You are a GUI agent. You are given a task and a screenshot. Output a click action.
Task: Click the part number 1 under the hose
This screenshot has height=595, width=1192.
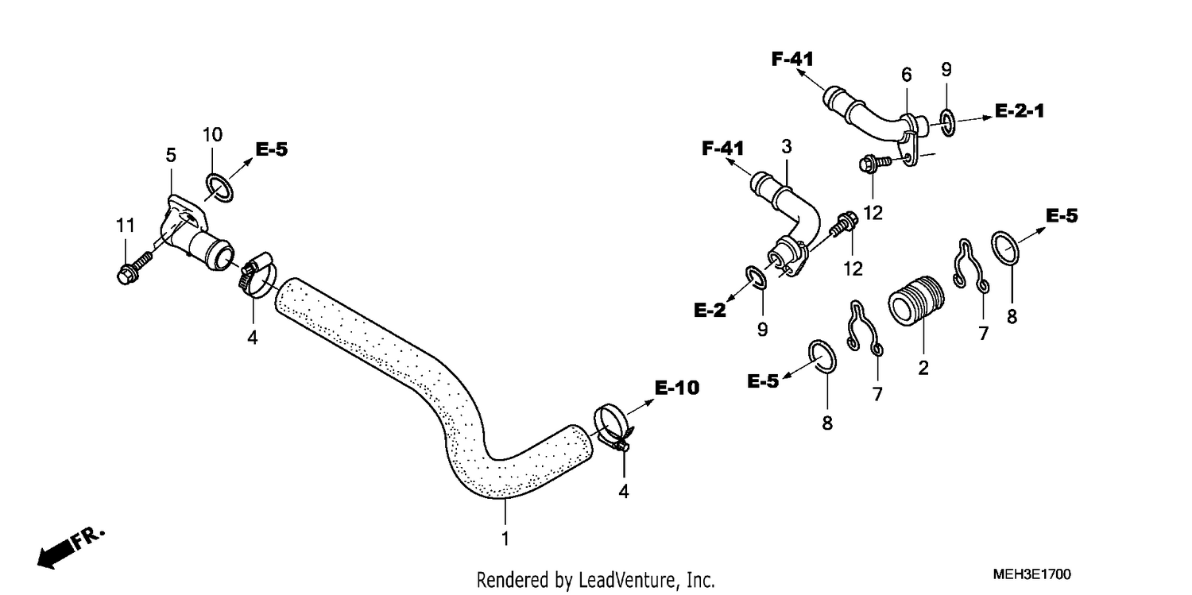point(505,539)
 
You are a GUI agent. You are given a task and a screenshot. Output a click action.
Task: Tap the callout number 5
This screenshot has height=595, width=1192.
point(170,155)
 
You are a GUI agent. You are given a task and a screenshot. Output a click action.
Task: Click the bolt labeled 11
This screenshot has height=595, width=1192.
point(134,268)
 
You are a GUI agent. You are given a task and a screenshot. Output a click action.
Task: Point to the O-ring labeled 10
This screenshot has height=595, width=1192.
point(219,187)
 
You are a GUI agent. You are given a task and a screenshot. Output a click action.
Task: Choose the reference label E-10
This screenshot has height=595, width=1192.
point(677,388)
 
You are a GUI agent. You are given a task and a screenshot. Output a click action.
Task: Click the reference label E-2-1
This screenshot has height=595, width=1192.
point(1020,110)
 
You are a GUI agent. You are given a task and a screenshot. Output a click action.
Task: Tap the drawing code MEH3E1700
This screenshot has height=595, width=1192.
point(1031,574)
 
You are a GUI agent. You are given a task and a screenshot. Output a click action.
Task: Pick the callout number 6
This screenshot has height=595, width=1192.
point(906,75)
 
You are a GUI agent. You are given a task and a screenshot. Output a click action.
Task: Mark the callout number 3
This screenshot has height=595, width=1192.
point(787,146)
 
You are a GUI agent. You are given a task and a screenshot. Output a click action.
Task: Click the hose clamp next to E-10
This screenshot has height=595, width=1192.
point(613,427)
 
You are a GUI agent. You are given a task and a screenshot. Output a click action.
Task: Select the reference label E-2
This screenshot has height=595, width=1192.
point(710,310)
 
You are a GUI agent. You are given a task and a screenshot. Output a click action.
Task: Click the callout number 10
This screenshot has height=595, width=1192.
point(212,134)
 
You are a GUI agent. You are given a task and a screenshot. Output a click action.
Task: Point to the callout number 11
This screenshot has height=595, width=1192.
point(126,226)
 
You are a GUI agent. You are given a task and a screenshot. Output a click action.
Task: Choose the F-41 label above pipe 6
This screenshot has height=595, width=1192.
point(792,59)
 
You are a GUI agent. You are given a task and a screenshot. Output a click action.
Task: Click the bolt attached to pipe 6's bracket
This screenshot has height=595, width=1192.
point(874,161)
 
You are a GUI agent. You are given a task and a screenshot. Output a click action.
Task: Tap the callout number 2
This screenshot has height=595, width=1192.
point(923,368)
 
